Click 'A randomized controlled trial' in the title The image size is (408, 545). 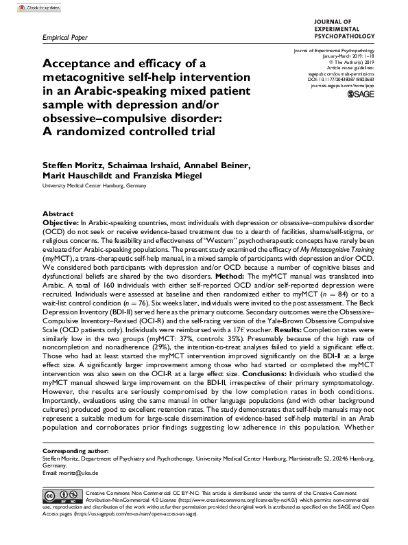point(120,133)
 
